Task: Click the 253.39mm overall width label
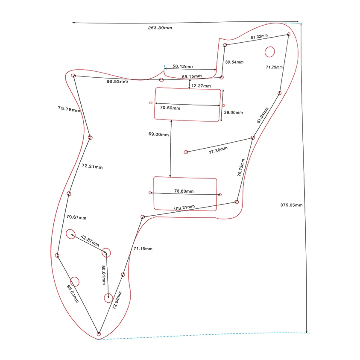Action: click(x=160, y=28)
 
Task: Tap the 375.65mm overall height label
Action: click(x=291, y=205)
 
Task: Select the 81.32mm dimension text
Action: click(x=259, y=37)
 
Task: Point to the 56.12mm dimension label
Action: click(x=182, y=67)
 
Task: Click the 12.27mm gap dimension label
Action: click(x=201, y=86)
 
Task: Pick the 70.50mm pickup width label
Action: click(x=170, y=108)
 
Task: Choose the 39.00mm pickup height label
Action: click(x=233, y=112)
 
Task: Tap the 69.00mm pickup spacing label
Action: click(x=158, y=134)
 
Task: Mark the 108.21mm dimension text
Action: click(x=184, y=208)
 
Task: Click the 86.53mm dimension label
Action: click(x=117, y=81)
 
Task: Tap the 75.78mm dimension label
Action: click(x=69, y=109)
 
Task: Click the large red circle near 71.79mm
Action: click(x=269, y=52)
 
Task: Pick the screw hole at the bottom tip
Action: click(x=99, y=333)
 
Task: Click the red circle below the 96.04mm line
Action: click(x=75, y=281)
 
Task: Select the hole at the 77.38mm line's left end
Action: click(x=185, y=152)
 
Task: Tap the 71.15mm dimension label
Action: click(x=143, y=249)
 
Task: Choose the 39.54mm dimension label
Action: click(x=234, y=62)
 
